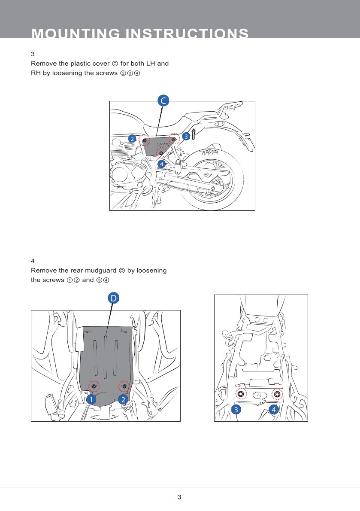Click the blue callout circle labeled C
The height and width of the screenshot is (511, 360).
click(x=163, y=101)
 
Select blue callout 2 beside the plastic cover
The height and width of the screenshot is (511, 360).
click(x=132, y=138)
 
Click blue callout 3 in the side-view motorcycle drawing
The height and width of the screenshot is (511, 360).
click(x=186, y=136)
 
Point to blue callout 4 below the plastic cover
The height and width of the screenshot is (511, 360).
click(x=161, y=164)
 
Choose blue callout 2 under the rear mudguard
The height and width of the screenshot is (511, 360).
click(x=123, y=399)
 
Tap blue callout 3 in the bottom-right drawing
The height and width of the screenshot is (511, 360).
click(x=235, y=410)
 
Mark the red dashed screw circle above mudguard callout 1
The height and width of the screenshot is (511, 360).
click(x=94, y=386)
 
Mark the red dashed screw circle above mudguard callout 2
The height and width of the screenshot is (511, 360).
click(x=124, y=386)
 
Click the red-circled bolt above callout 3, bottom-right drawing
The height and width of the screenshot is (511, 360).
click(x=241, y=394)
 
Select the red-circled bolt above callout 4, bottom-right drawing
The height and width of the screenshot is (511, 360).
click(x=277, y=394)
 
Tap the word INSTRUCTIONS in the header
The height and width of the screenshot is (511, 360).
click(x=187, y=33)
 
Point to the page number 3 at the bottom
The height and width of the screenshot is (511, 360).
click(x=180, y=497)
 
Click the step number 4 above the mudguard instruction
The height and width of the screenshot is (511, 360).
click(x=33, y=261)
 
